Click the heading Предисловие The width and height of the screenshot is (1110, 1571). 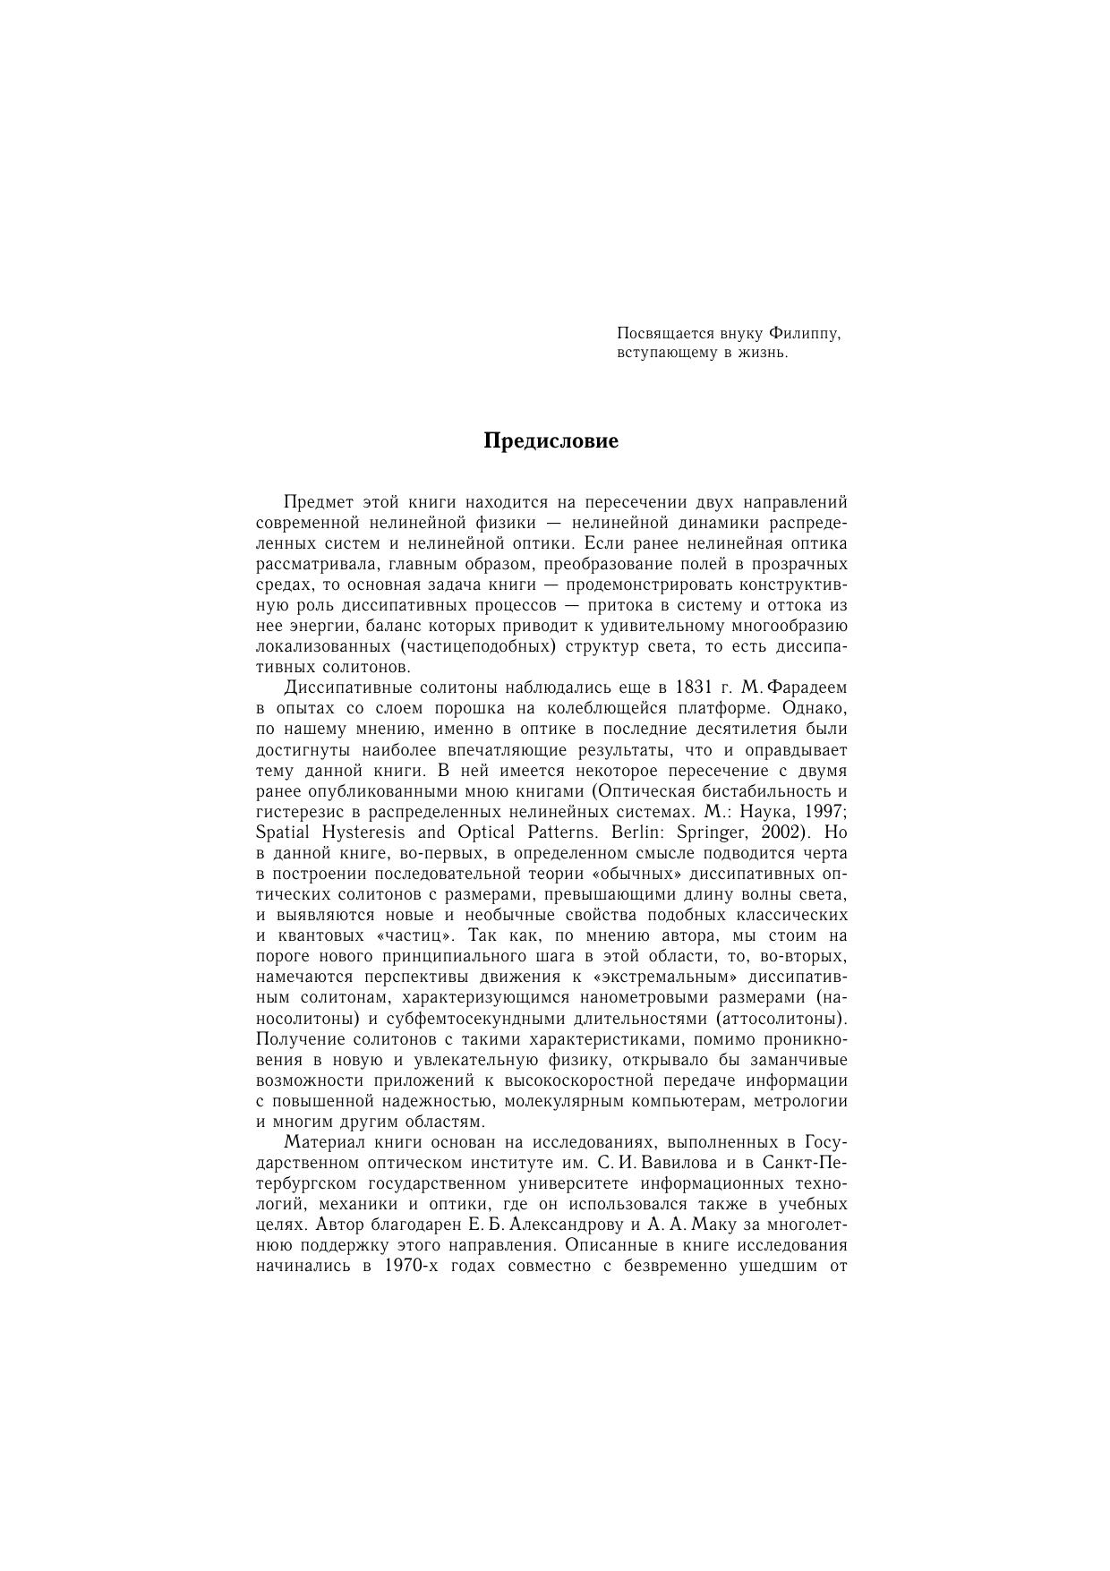[551, 441]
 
